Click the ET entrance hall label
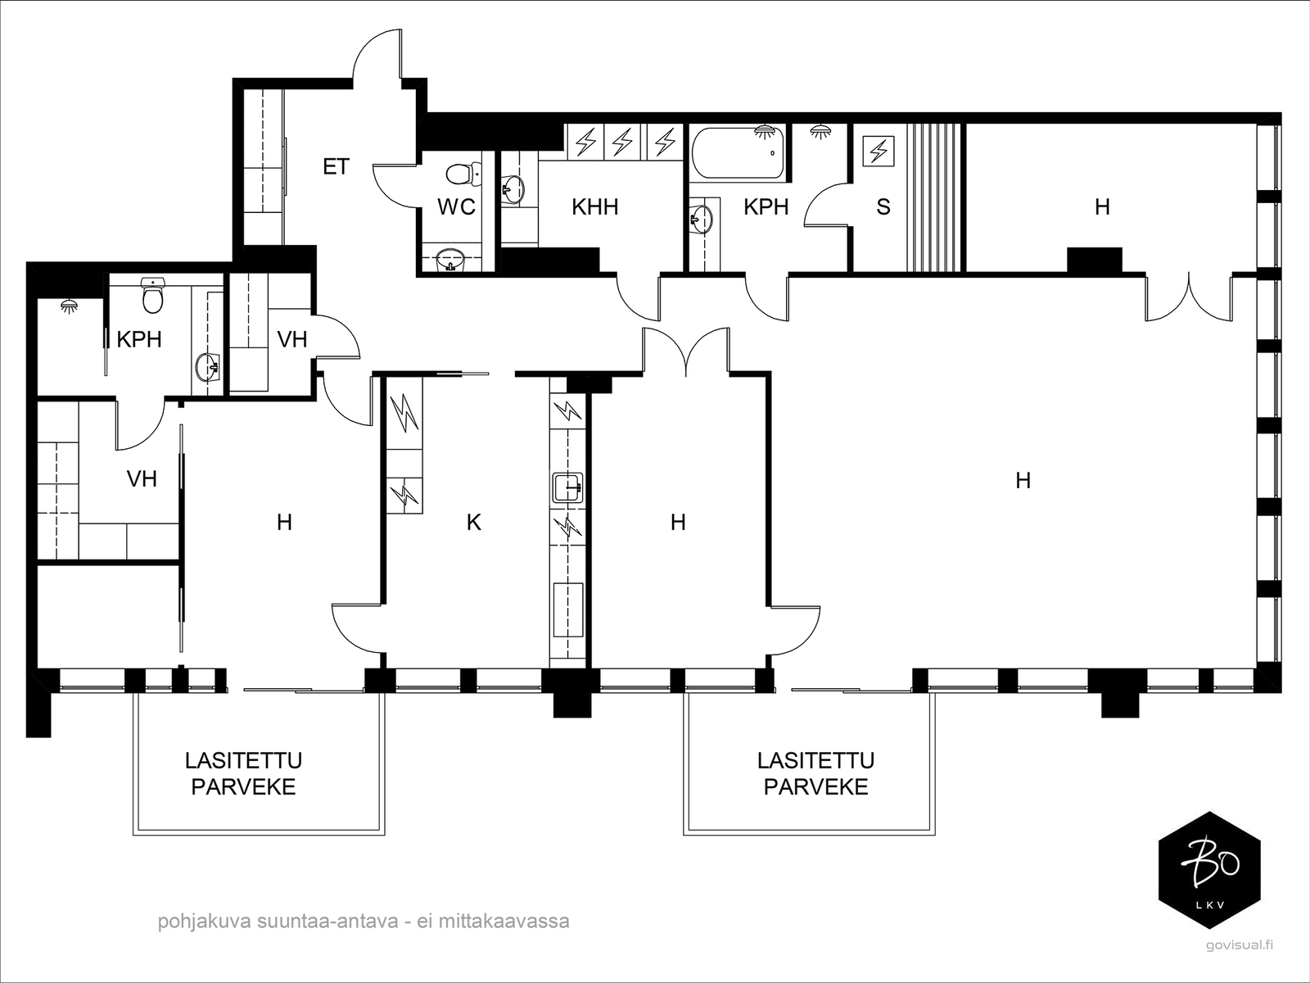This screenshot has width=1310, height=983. click(x=336, y=166)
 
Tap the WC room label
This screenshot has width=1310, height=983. click(x=457, y=207)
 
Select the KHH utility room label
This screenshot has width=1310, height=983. click(x=595, y=207)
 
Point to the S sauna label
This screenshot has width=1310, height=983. click(x=883, y=207)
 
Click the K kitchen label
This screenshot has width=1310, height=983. click(x=474, y=523)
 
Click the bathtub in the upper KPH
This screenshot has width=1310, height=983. click(x=739, y=153)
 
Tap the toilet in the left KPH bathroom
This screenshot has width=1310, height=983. click(x=153, y=296)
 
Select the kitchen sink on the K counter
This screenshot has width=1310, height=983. click(x=567, y=487)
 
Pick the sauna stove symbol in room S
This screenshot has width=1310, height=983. click(x=879, y=152)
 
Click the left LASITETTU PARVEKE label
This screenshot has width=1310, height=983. click(x=243, y=773)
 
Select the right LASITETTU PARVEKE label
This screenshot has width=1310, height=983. click(x=815, y=773)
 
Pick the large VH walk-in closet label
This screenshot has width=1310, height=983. click(x=142, y=478)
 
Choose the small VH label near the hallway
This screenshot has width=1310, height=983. click(x=292, y=340)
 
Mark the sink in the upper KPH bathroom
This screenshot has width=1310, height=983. click(x=701, y=219)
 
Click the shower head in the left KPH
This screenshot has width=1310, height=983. click(x=70, y=306)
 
